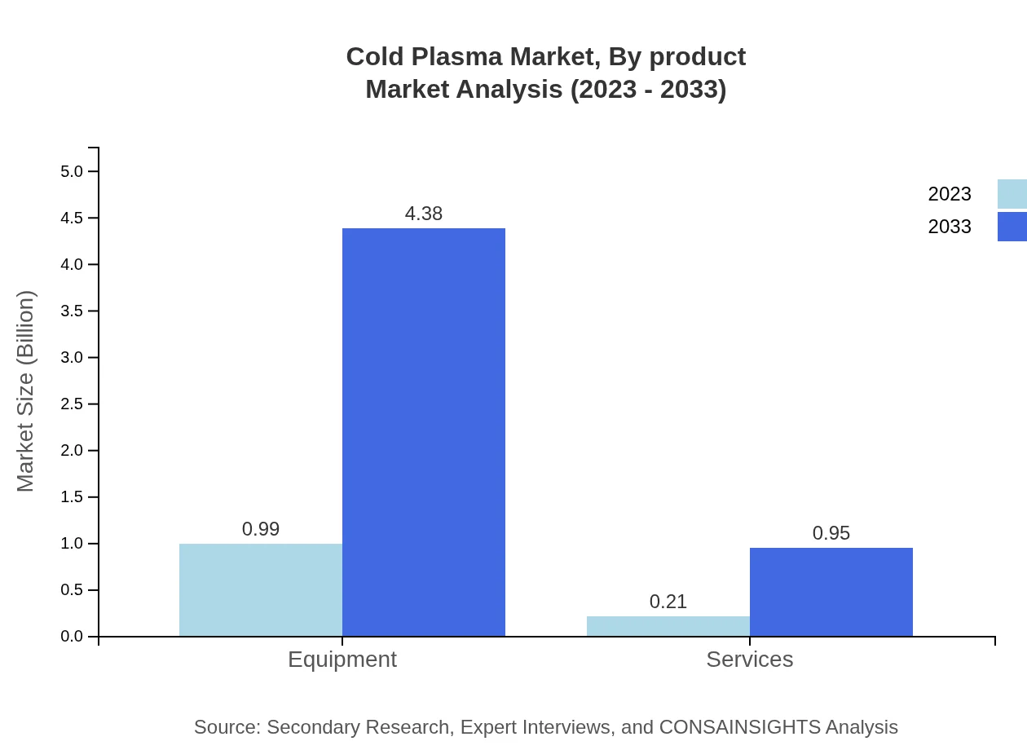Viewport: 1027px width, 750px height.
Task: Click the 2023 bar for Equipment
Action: [x=261, y=589]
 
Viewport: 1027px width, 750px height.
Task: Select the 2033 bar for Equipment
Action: [x=424, y=432]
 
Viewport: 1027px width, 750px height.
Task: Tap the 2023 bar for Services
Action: [x=668, y=626]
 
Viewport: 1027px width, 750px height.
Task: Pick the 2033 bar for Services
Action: [x=831, y=592]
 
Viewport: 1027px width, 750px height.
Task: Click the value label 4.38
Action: [x=424, y=214]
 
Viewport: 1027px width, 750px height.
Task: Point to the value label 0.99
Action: [x=261, y=529]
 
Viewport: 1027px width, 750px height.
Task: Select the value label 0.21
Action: [x=668, y=602]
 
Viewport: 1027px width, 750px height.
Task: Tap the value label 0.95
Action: [x=831, y=533]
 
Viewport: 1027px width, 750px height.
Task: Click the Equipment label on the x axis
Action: [x=342, y=660]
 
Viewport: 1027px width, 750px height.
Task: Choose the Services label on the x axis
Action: [x=750, y=660]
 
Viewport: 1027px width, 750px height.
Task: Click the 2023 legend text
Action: [x=950, y=194]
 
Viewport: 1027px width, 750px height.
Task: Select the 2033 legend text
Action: [x=950, y=227]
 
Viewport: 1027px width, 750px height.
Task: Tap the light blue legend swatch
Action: [x=1012, y=194]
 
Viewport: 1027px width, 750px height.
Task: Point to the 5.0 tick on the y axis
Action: [x=72, y=171]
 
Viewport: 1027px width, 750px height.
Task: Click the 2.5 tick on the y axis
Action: [x=72, y=404]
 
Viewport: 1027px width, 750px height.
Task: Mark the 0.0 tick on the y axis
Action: [x=72, y=637]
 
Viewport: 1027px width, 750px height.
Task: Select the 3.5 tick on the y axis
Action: [x=72, y=311]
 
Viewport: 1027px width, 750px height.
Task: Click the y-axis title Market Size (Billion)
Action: [x=26, y=391]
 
